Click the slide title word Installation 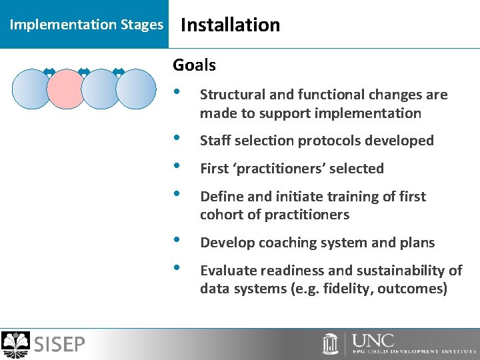coord(230,25)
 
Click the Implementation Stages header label coord(86,25)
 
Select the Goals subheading coord(194,65)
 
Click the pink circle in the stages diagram coord(67,89)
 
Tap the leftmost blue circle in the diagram coord(31,89)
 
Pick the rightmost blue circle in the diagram coord(136,89)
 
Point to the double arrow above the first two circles coord(49,71)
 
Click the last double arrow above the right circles coord(119,71)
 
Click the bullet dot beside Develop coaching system coord(176,241)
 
